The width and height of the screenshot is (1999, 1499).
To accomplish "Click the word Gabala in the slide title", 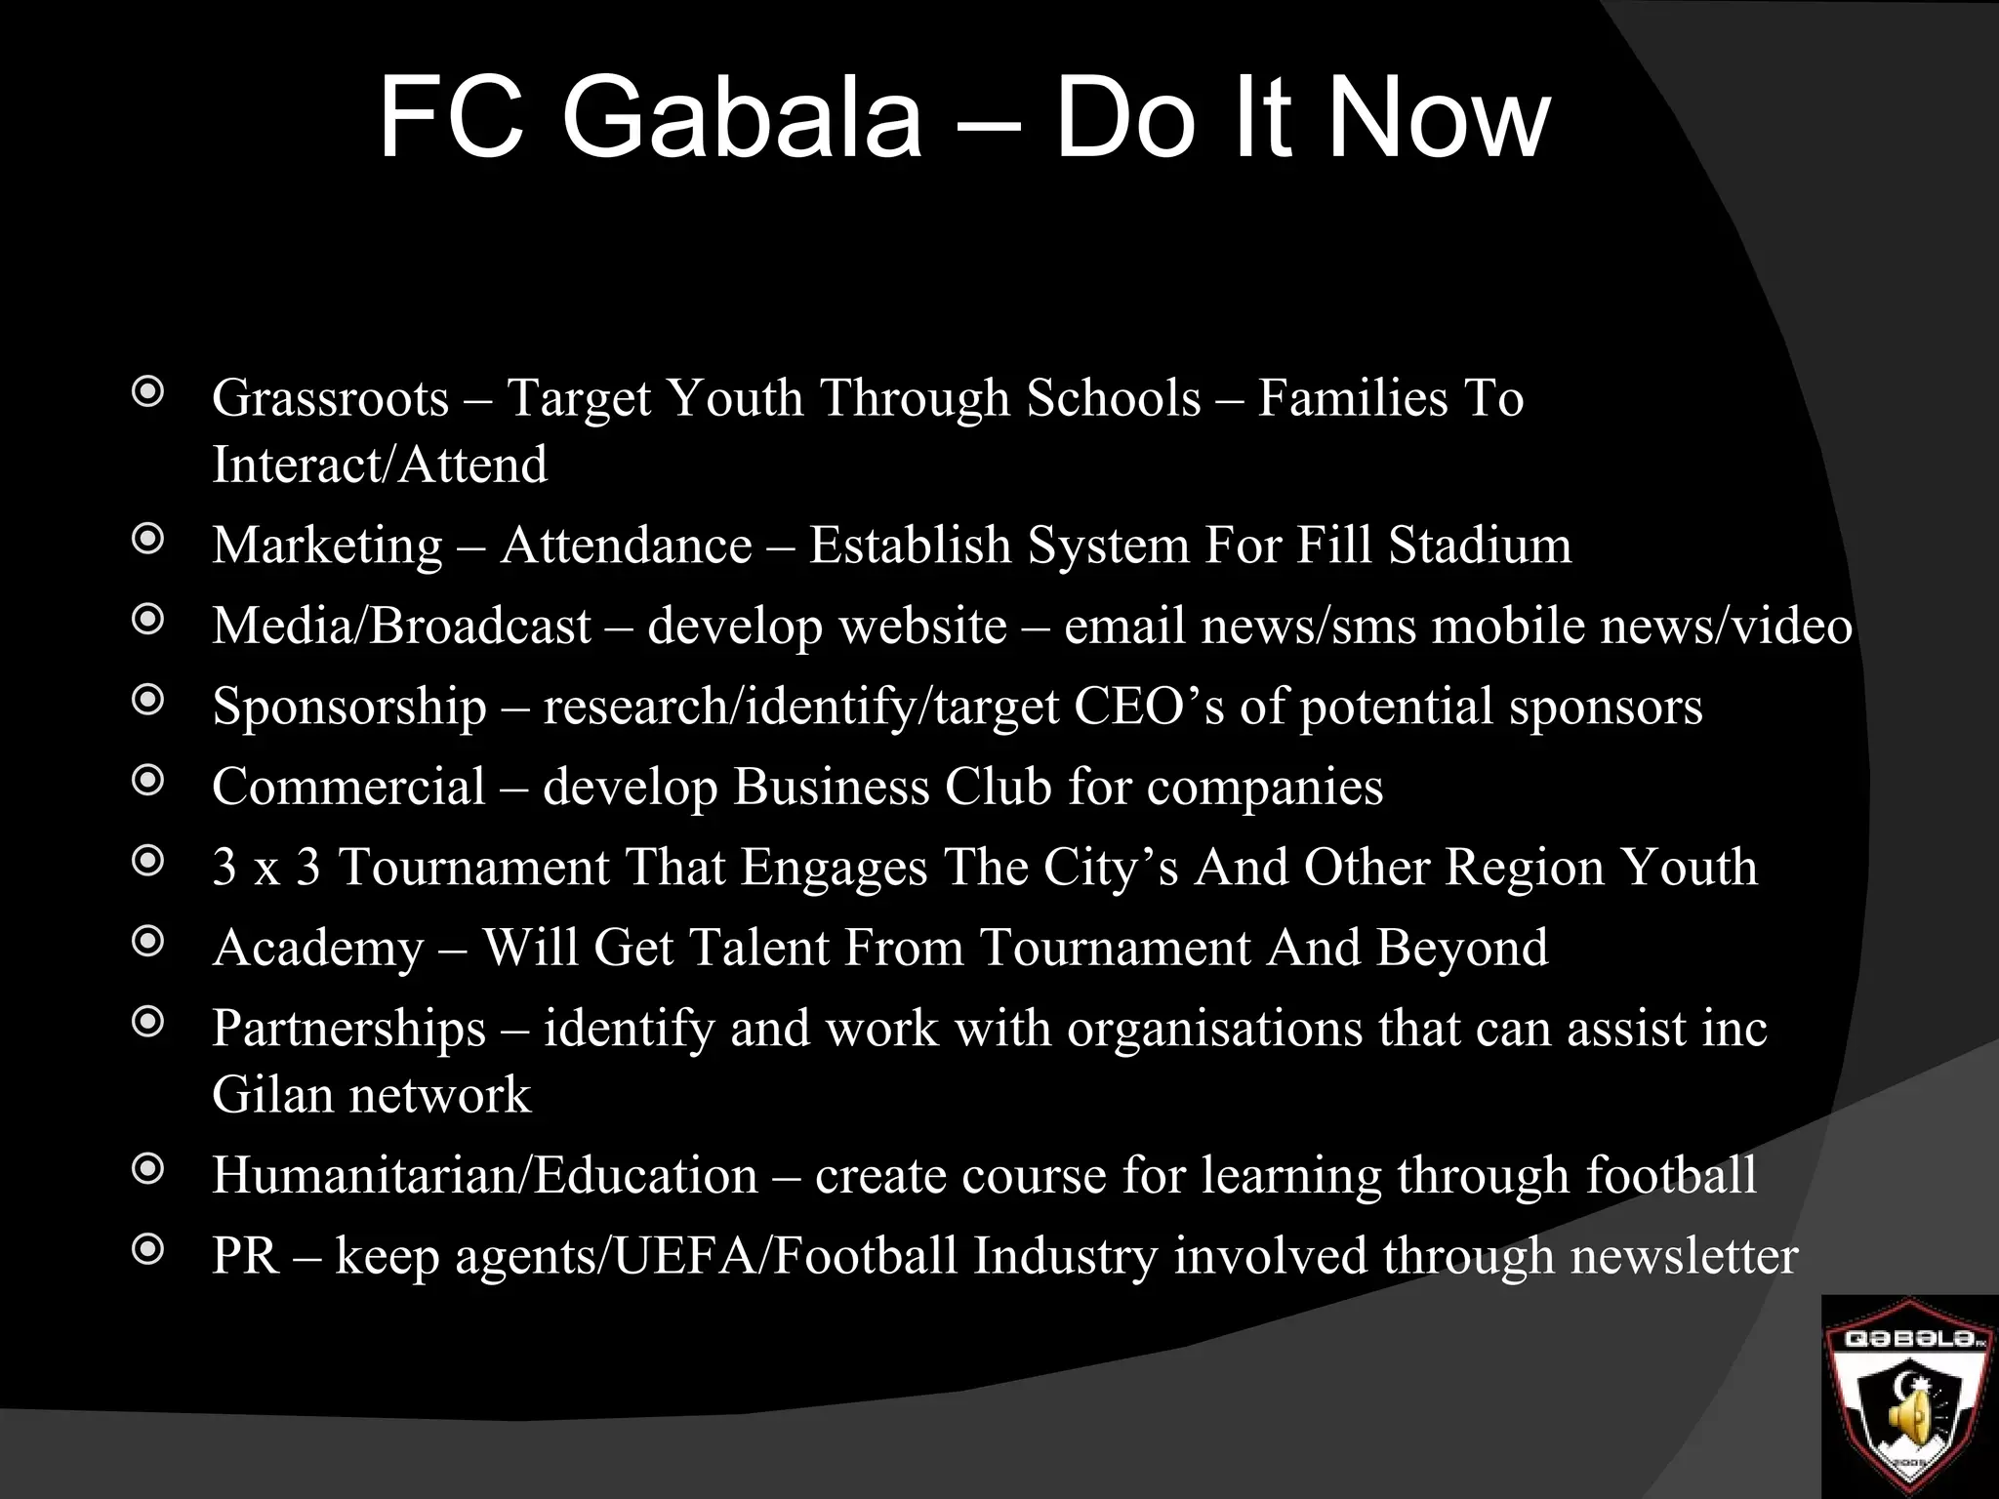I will pyautogui.click(x=742, y=119).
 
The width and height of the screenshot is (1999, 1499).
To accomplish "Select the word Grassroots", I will pyautogui.click(x=330, y=398).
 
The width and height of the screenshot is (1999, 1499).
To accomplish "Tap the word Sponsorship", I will pyautogui.click(x=348, y=707).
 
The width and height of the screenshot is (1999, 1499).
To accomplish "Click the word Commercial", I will pyautogui.click(x=348, y=787).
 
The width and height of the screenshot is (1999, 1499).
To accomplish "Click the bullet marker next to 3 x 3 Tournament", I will pyautogui.click(x=147, y=862).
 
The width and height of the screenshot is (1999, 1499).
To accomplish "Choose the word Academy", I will pyautogui.click(x=318, y=949).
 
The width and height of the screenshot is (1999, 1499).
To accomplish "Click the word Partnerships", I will pyautogui.click(x=348, y=1029).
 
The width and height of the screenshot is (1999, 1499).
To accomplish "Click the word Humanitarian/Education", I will pyautogui.click(x=484, y=1175).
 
